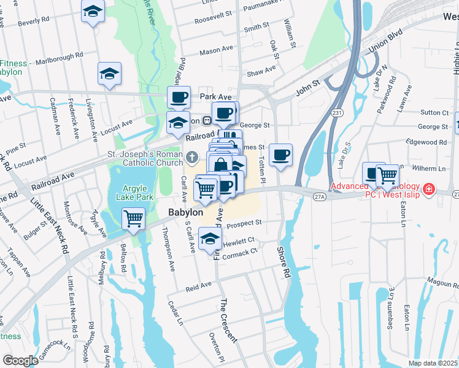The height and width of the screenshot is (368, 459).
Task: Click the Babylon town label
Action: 185,212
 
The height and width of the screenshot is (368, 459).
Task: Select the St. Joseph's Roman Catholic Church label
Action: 145,158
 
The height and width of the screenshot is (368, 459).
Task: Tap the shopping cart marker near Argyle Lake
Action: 133,218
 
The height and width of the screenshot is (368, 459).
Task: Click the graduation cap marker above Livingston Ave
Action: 109,74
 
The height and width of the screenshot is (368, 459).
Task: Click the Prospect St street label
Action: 244,223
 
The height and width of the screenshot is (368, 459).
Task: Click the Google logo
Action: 20,360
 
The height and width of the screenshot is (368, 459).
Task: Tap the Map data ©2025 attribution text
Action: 433,363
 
